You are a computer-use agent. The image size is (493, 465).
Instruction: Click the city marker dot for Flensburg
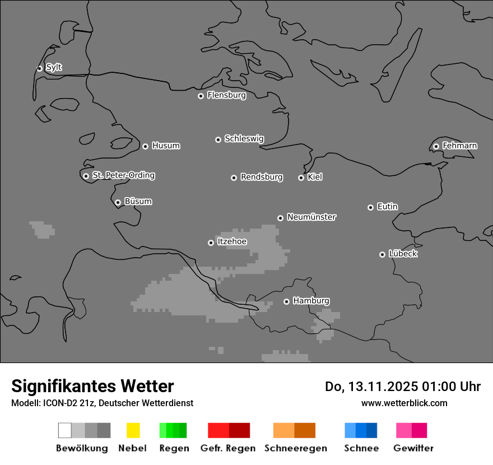pyautogui.click(x=201, y=96)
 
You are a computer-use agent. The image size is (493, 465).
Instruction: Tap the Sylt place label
pyautogui.click(x=54, y=67)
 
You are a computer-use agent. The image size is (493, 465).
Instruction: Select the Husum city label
pyautogui.click(x=166, y=146)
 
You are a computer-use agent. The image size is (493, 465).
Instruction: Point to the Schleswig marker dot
pyautogui.click(x=218, y=139)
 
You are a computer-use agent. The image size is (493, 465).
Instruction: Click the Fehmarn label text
pyautogui.click(x=459, y=146)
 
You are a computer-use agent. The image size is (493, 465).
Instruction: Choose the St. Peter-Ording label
pyautogui.click(x=123, y=175)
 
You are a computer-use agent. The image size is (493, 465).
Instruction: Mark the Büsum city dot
pyautogui.click(x=118, y=202)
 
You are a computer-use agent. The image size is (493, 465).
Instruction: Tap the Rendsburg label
pyautogui.click(x=262, y=177)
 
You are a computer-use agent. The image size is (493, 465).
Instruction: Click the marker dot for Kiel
pyautogui.click(x=301, y=178)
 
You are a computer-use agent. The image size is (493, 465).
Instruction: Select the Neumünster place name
pyautogui.click(x=311, y=217)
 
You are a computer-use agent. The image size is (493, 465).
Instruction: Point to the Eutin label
pyautogui.click(x=387, y=207)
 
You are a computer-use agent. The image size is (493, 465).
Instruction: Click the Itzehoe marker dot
pyautogui.click(x=211, y=243)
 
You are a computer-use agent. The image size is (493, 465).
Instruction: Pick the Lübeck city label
pyautogui.click(x=403, y=254)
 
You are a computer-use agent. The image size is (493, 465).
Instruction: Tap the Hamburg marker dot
pyautogui.click(x=286, y=301)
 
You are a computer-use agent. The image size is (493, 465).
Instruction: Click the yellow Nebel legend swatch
pyautogui.click(x=133, y=430)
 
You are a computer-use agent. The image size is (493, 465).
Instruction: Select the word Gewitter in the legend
pyautogui.click(x=413, y=448)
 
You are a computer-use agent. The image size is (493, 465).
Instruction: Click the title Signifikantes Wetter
pyautogui.click(x=92, y=386)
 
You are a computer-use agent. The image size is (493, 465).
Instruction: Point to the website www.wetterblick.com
pyautogui.click(x=404, y=403)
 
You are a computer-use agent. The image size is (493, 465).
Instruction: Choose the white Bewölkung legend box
pyautogui.click(x=64, y=430)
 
